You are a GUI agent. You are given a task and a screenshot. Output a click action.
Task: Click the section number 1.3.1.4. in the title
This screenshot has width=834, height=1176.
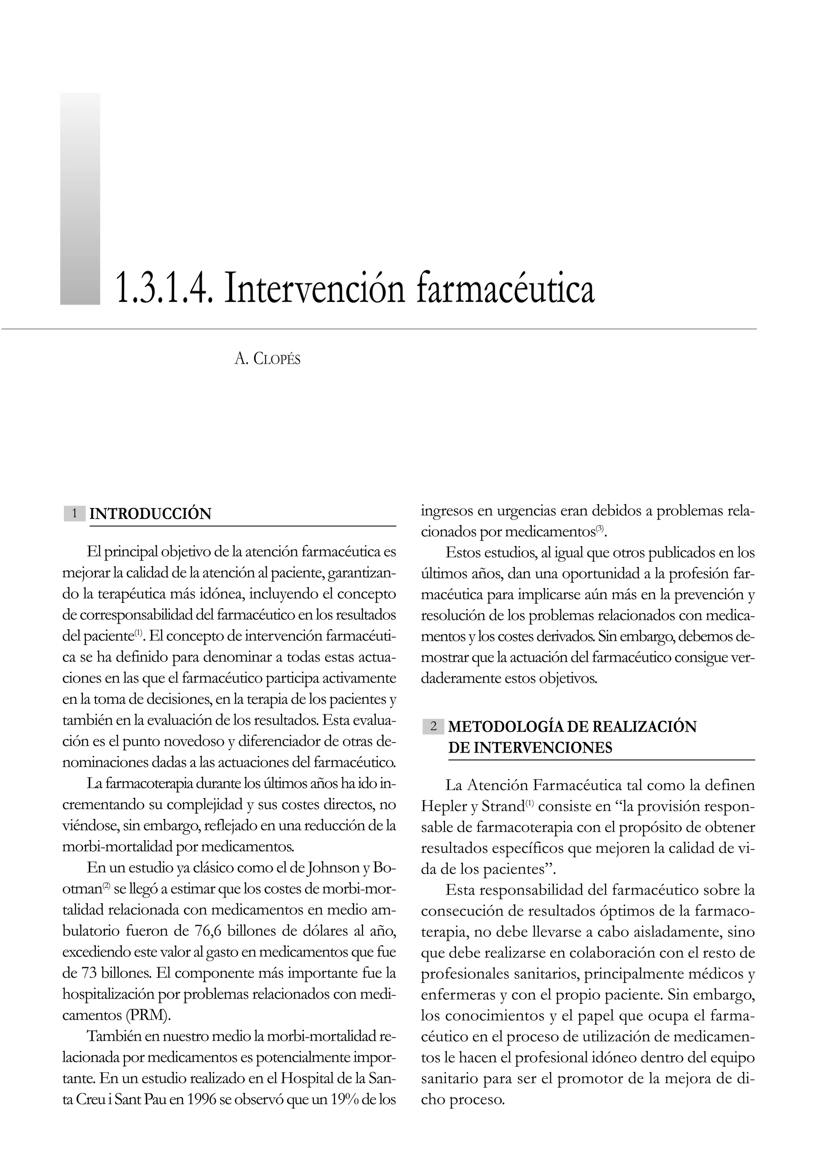coord(163,289)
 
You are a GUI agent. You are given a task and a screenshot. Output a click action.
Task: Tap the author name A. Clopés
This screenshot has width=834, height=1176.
coord(267,359)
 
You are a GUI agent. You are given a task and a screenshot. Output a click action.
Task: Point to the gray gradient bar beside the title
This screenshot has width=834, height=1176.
coord(80,199)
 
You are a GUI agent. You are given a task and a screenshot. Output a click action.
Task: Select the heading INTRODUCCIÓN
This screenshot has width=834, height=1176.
coord(150,514)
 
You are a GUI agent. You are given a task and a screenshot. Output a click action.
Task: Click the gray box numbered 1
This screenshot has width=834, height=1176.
coord(75,513)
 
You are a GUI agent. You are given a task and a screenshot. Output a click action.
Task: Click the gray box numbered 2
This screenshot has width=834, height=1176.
coord(433,726)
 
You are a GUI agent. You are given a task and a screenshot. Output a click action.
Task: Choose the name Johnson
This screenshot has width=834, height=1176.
coord(332,868)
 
